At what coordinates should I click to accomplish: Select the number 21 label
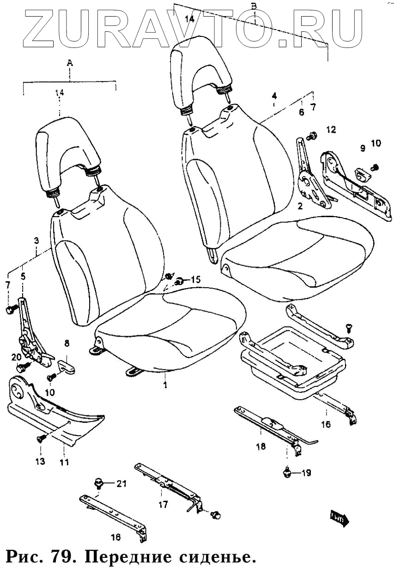(121, 484)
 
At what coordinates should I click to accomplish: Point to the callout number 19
(306, 473)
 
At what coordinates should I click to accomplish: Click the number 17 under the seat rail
(163, 505)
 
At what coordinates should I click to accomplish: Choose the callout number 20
(16, 357)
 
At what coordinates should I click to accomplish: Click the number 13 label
(41, 461)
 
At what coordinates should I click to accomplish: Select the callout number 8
(67, 343)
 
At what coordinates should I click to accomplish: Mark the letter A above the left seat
(70, 63)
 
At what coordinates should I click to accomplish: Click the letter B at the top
(253, 6)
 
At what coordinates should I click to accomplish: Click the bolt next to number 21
(98, 483)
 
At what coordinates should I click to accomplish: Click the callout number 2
(300, 206)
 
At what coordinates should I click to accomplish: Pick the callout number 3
(36, 241)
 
